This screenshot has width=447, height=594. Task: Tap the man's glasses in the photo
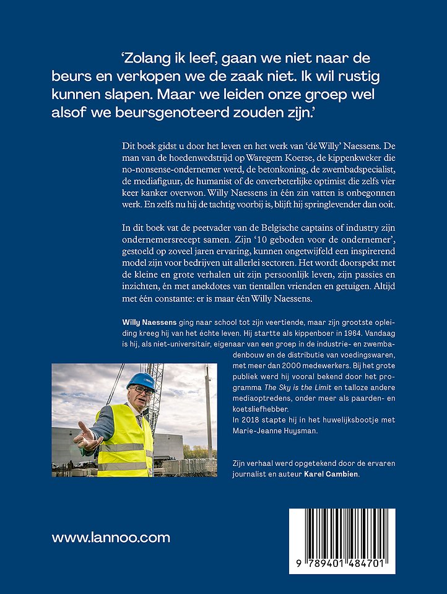pos(143,390)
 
